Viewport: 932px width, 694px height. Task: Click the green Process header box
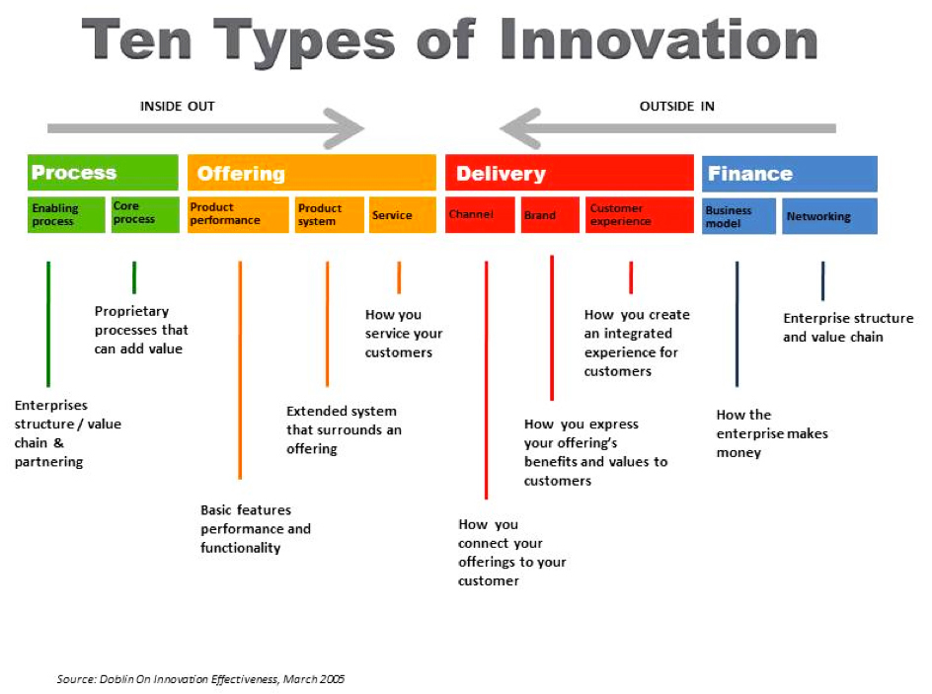click(103, 173)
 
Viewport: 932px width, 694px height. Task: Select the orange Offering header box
click(311, 173)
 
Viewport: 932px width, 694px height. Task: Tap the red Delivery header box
click(570, 173)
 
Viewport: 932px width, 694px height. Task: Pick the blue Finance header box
click(790, 174)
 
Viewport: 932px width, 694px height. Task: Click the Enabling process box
click(66, 214)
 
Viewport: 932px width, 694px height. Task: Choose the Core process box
click(145, 214)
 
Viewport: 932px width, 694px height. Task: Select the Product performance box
click(238, 214)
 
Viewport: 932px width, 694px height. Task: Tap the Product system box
click(330, 214)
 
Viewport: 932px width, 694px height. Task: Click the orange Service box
click(403, 214)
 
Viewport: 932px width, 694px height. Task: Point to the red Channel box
click(480, 214)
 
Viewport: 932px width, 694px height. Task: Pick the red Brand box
click(550, 214)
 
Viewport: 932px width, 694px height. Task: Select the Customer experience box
click(640, 214)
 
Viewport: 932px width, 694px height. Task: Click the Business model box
click(738, 216)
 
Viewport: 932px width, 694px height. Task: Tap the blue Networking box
click(829, 216)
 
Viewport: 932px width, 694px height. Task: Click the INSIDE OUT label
click(177, 107)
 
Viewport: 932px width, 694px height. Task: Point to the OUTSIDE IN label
click(677, 107)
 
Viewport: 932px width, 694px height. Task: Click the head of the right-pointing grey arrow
click(350, 127)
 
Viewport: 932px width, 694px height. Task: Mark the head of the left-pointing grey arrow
click(514, 127)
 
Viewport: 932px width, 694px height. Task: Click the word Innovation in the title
click(659, 39)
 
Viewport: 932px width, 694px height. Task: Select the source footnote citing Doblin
click(200, 679)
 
